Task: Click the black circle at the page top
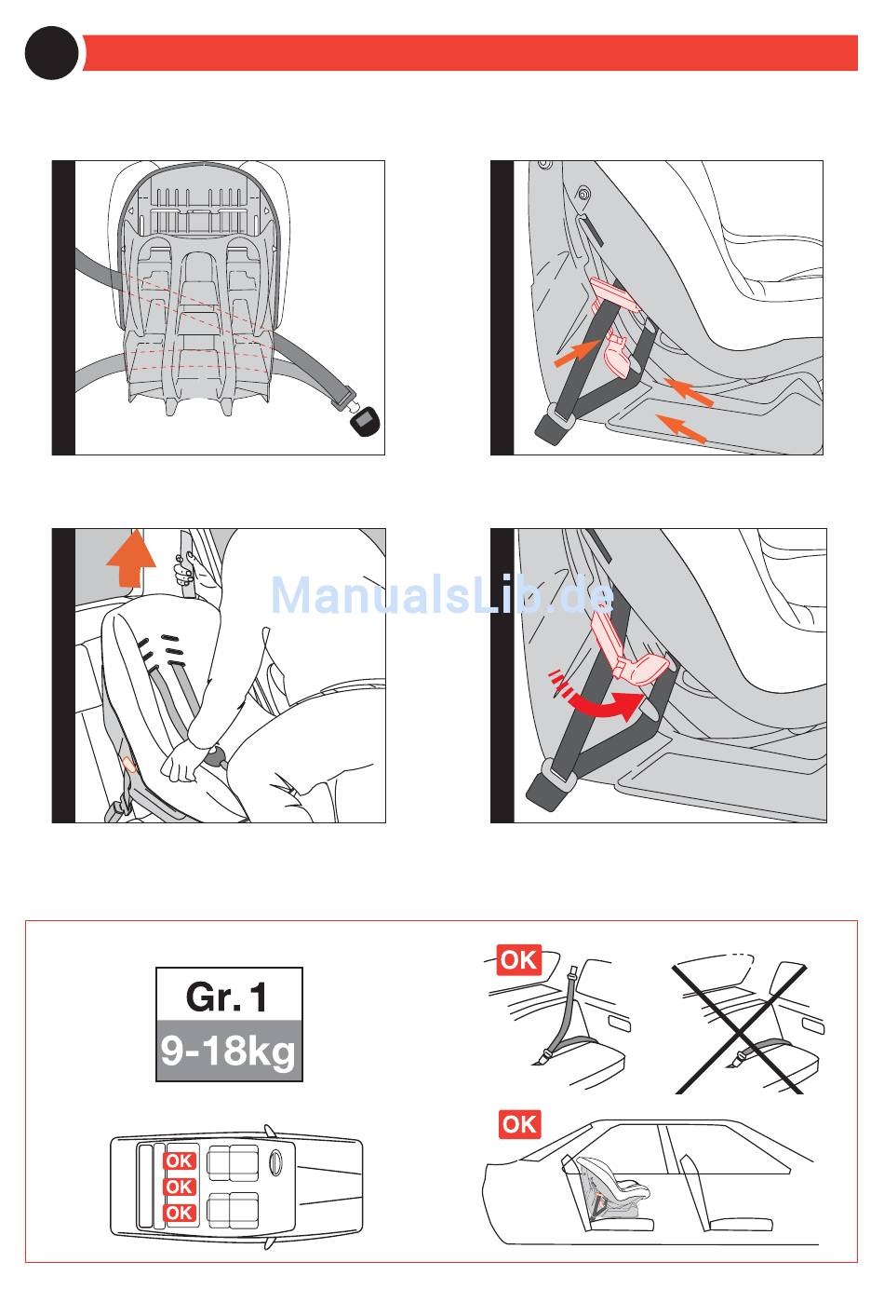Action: coord(51,53)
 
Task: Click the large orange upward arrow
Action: coord(131,558)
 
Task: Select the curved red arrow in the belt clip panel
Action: coord(597,699)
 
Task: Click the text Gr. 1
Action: coord(227,997)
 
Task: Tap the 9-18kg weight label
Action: coord(228,1051)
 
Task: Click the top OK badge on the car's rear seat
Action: coord(180,1160)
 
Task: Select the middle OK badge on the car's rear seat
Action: coord(180,1187)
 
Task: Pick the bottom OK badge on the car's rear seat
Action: coord(180,1213)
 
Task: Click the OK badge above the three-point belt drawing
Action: coord(519,960)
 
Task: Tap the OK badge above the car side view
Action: coord(519,1124)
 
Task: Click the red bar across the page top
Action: coord(470,53)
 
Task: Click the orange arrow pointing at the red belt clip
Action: coord(577,352)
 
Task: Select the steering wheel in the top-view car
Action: coord(275,1161)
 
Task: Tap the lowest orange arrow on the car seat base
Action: coord(681,428)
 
